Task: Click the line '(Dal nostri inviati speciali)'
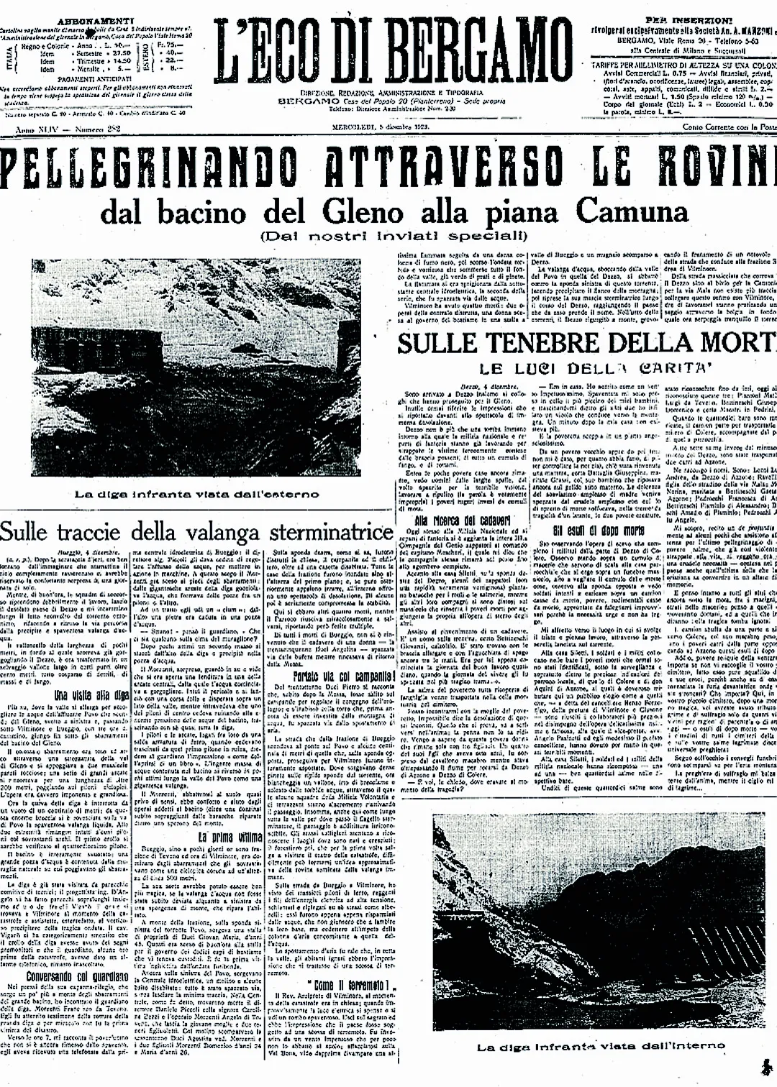point(388,235)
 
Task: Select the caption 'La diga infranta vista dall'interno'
point(582,1047)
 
